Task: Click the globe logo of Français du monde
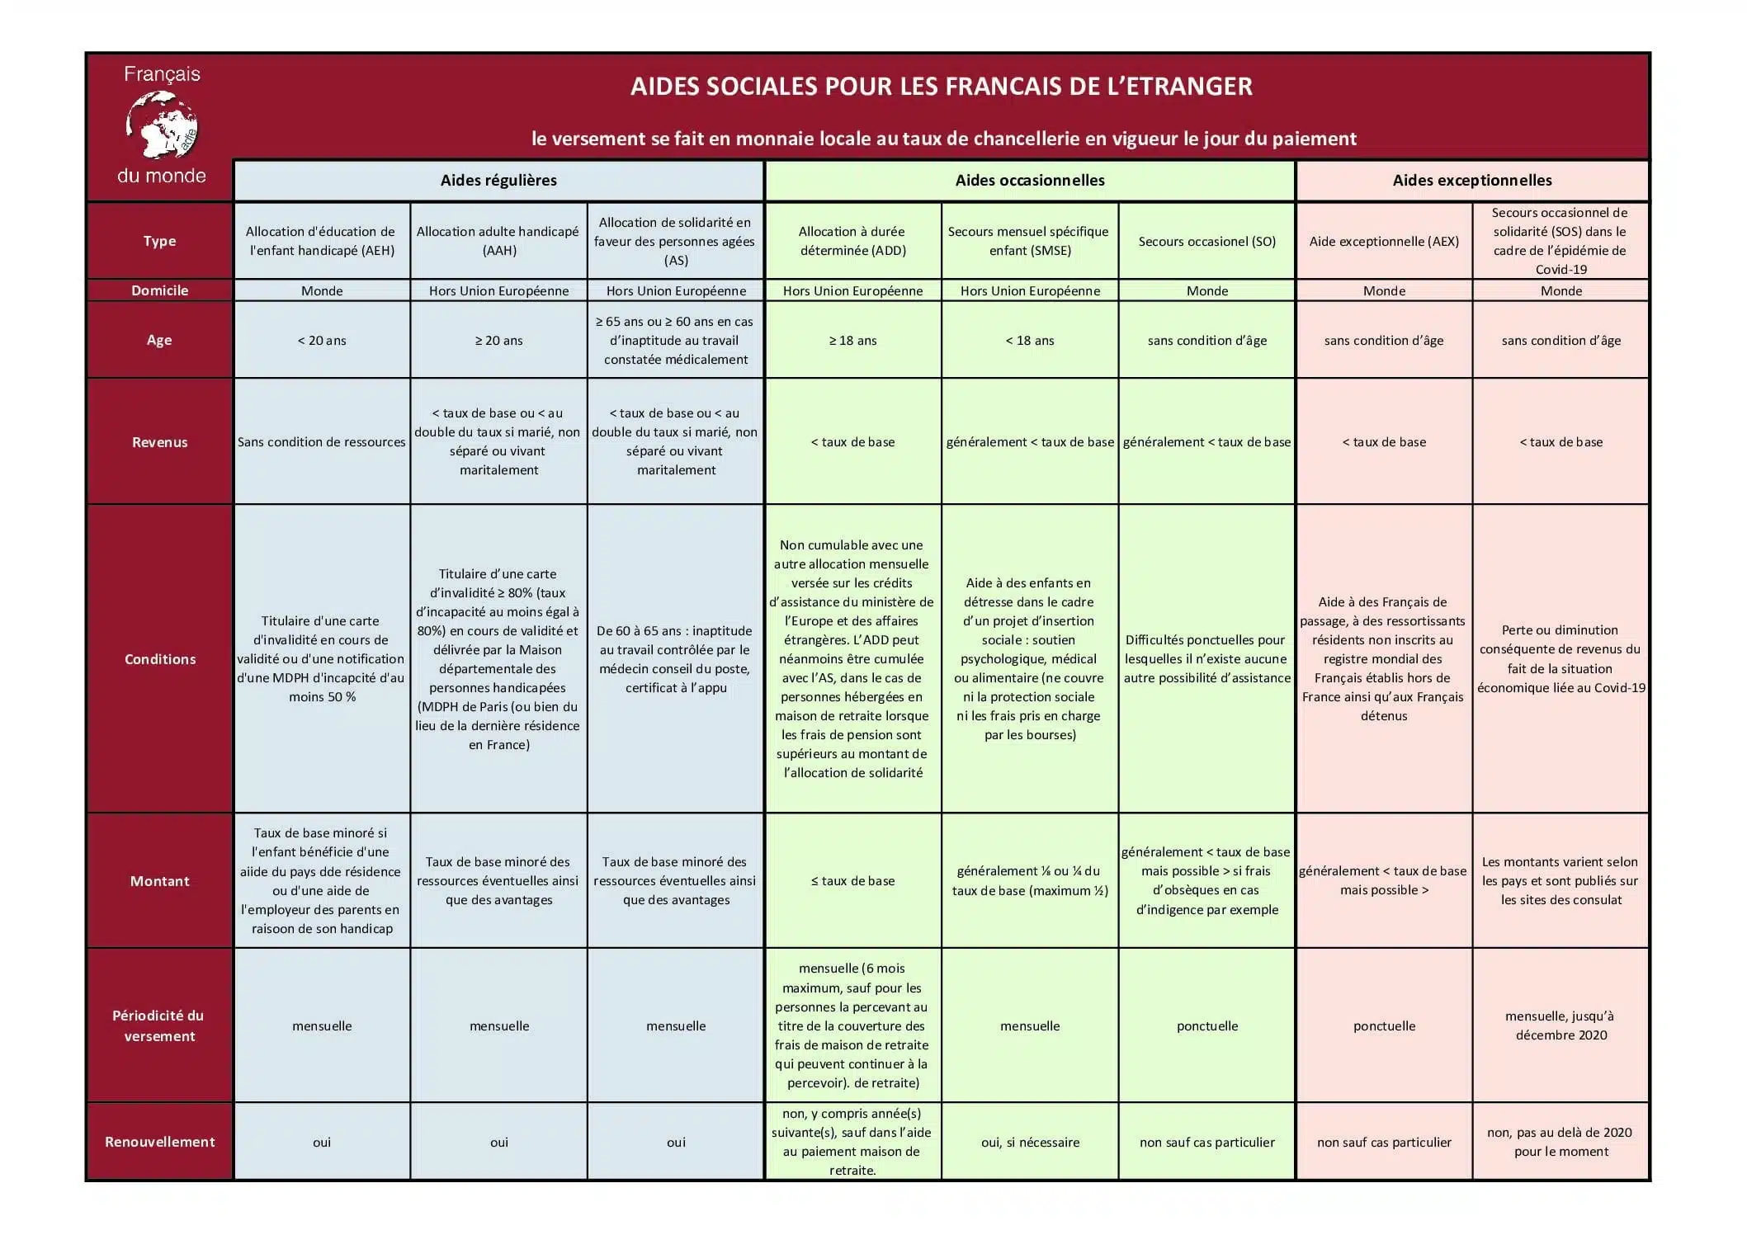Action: click(x=162, y=125)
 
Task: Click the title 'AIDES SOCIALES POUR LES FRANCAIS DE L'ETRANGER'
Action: click(x=941, y=87)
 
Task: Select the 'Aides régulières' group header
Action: click(x=498, y=181)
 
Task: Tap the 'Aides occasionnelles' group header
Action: click(x=1029, y=181)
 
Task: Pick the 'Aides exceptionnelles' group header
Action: click(x=1471, y=181)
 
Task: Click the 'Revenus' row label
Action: click(x=159, y=442)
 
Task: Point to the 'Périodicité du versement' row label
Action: click(x=159, y=1025)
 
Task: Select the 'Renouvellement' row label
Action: click(x=159, y=1142)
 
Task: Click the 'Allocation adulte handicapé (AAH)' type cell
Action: click(x=498, y=241)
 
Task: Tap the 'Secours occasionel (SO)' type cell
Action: click(x=1206, y=242)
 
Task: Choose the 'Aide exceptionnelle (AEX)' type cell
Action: click(x=1383, y=242)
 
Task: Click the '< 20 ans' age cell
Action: click(x=322, y=341)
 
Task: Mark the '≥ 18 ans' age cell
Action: click(x=852, y=341)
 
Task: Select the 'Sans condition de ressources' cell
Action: click(x=322, y=442)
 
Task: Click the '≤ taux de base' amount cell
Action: click(x=852, y=881)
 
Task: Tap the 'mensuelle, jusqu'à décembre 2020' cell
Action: click(x=1560, y=1025)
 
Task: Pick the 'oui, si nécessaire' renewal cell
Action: click(x=1030, y=1143)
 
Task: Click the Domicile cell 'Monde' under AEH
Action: click(x=322, y=291)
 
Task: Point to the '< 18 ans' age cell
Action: click(x=1030, y=341)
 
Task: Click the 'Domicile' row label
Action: click(x=159, y=290)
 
